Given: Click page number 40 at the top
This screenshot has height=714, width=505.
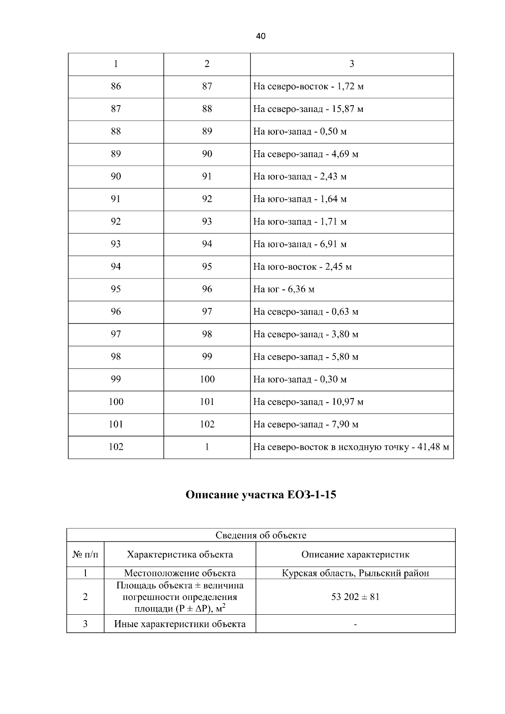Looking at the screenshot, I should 260,36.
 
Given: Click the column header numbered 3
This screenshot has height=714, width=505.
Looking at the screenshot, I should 352,64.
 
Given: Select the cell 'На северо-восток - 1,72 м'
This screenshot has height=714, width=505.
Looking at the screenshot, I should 308,87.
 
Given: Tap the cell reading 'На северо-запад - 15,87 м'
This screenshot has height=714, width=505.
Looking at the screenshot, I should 308,109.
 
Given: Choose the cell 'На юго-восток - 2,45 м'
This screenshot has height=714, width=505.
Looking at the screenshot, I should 302,267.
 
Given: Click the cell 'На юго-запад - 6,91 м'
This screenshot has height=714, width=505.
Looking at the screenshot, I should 300,244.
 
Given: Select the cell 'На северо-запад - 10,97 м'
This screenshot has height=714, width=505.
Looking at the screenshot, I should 308,402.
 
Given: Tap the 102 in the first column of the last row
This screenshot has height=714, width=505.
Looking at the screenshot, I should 116,447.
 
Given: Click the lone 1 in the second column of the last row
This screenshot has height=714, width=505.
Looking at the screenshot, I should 207,447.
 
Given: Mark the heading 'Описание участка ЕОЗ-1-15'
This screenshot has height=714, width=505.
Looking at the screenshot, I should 261,495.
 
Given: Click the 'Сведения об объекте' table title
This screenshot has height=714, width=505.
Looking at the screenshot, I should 261,535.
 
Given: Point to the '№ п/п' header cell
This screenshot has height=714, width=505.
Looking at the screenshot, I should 85,555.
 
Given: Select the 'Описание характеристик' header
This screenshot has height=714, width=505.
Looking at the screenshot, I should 355,555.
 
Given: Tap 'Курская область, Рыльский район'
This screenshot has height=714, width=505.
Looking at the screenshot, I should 355,573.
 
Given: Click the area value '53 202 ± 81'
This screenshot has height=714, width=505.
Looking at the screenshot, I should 355,597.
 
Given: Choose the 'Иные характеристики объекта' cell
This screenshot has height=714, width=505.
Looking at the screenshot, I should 180,624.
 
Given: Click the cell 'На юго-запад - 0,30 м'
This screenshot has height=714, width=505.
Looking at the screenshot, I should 300,380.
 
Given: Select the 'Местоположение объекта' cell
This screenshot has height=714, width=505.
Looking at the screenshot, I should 180,573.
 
